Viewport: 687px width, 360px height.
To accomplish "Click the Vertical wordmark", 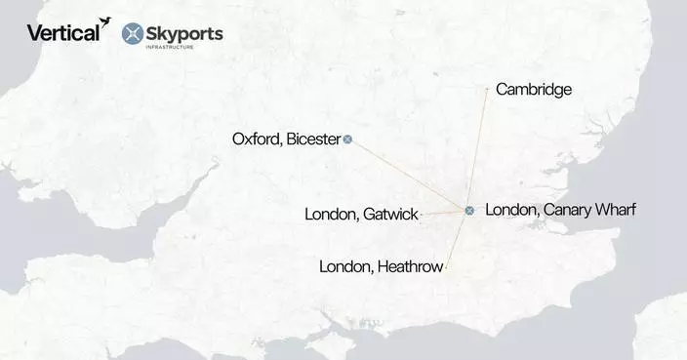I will coord(61,33).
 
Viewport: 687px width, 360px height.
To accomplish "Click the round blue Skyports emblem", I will coord(135,34).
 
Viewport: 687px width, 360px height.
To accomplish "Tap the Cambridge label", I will coord(533,90).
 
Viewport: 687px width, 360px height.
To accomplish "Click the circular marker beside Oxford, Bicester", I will coord(348,140).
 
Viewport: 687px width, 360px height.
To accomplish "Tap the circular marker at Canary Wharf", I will coord(469,211).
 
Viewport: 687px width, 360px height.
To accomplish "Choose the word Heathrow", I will coord(408,265).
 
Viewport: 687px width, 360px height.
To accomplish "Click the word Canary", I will coord(566,209).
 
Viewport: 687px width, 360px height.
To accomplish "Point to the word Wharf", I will coord(616,209).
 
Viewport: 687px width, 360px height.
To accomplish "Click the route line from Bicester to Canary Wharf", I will coord(410,176).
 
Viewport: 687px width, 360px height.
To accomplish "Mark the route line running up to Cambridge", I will coord(479,146).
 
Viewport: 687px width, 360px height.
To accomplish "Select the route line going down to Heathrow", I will coord(458,239).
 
